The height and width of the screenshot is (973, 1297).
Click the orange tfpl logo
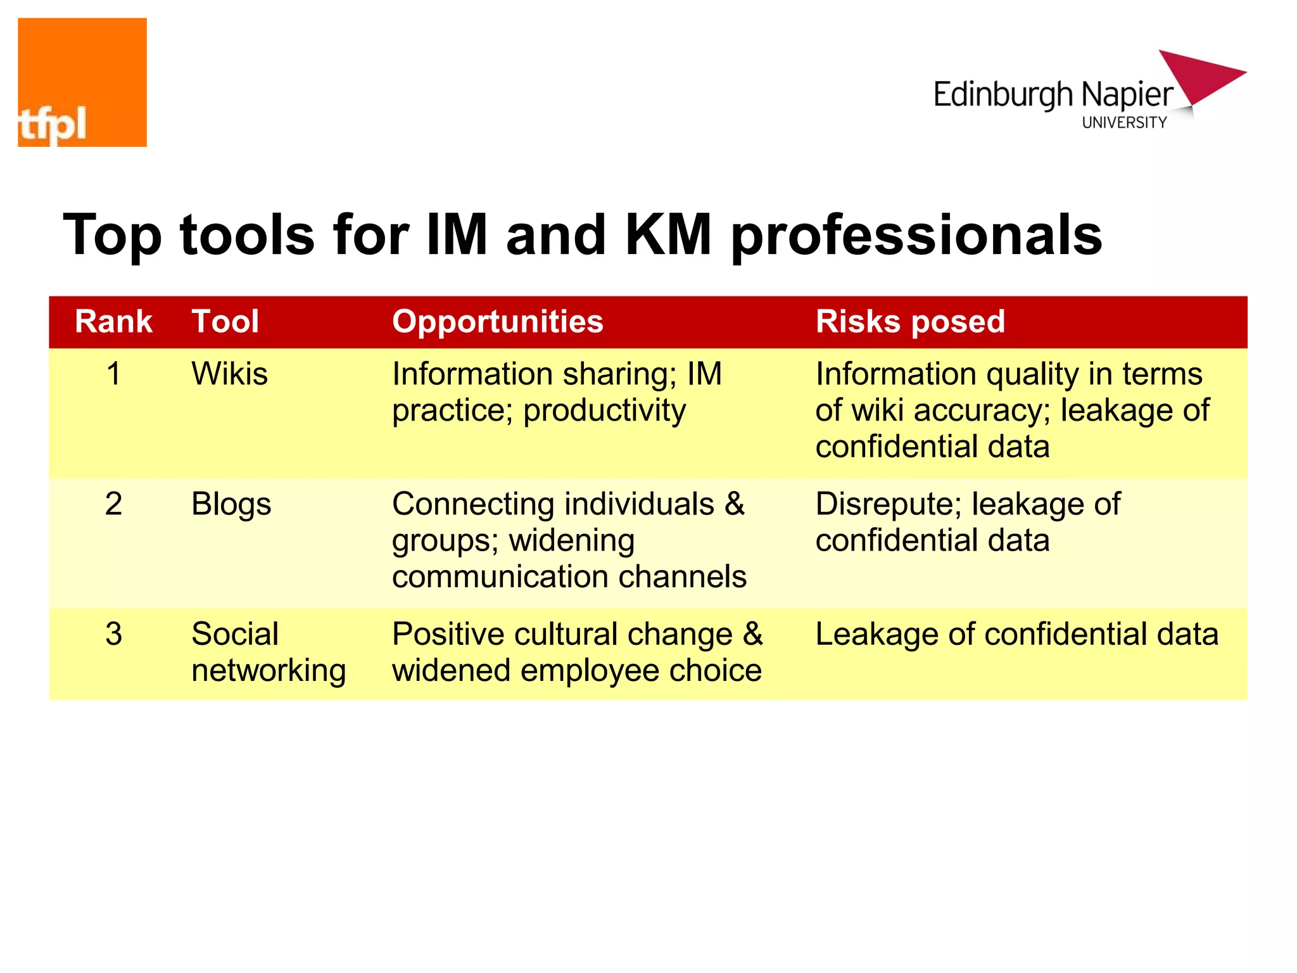coord(82,82)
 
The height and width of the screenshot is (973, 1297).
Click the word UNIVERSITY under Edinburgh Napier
coord(1124,123)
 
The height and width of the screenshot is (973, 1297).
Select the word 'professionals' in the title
coord(916,236)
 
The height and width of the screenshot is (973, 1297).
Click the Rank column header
coord(113,322)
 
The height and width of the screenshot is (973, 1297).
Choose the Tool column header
coord(225,322)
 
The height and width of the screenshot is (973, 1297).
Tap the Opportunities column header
coord(498,322)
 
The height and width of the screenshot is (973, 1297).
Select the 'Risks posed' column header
coord(910,322)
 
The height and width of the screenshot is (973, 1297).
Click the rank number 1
coord(113,374)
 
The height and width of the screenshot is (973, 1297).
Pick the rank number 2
coord(113,504)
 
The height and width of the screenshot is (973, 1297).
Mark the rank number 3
coord(113,634)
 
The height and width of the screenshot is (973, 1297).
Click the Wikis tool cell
coord(229,374)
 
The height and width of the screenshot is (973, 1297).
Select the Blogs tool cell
coord(231,505)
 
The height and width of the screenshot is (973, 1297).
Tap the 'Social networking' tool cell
coord(268,652)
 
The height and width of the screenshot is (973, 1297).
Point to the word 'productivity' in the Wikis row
coord(604,411)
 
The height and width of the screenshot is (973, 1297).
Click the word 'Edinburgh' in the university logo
coord(1003,96)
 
